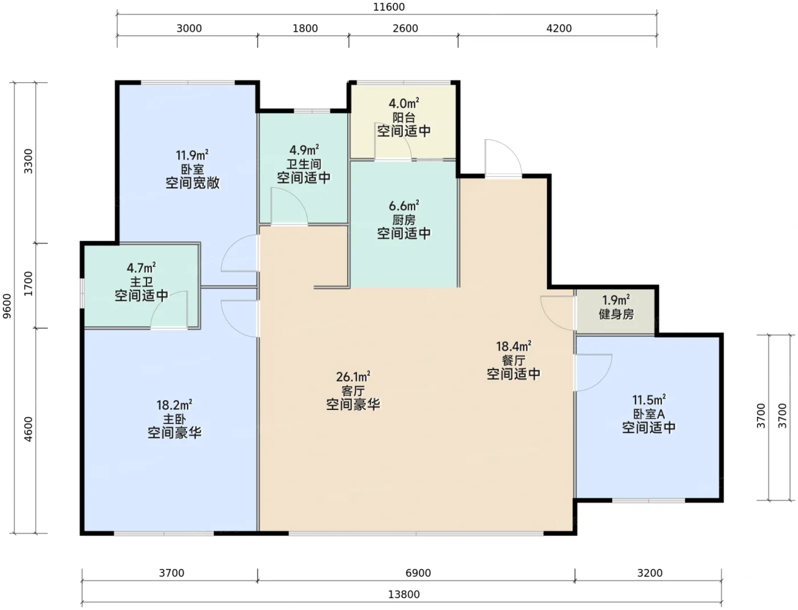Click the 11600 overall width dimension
click(x=389, y=7)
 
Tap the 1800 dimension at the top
click(x=305, y=29)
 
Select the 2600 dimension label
click(x=405, y=29)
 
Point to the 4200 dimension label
click(x=559, y=29)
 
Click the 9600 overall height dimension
click(x=7, y=306)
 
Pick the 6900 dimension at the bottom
click(x=418, y=574)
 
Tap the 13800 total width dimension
click(x=404, y=595)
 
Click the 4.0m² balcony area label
click(x=404, y=104)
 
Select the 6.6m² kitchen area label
click(x=404, y=206)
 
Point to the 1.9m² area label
click(x=616, y=300)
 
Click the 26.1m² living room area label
click(x=353, y=377)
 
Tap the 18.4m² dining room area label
click(x=514, y=347)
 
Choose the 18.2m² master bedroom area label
click(x=174, y=405)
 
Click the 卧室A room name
click(x=649, y=414)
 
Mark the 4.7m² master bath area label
click(x=141, y=269)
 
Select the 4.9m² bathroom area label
click(x=304, y=150)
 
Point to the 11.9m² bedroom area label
click(x=192, y=156)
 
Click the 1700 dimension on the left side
click(x=28, y=283)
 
